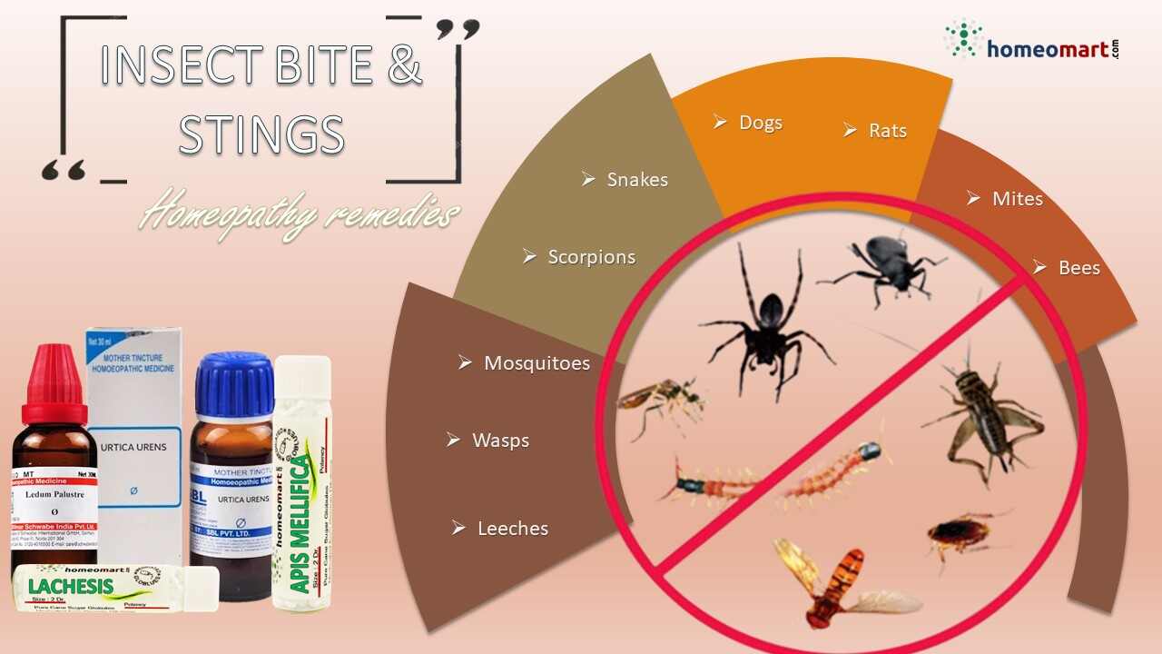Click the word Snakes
[637, 180]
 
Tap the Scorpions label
[591, 257]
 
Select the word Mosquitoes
[537, 363]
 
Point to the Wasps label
[500, 441]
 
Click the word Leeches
[512, 529]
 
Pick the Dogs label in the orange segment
[760, 123]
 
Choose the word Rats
[887, 131]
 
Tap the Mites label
[1017, 199]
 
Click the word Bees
[1078, 268]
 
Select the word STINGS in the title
[261, 134]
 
